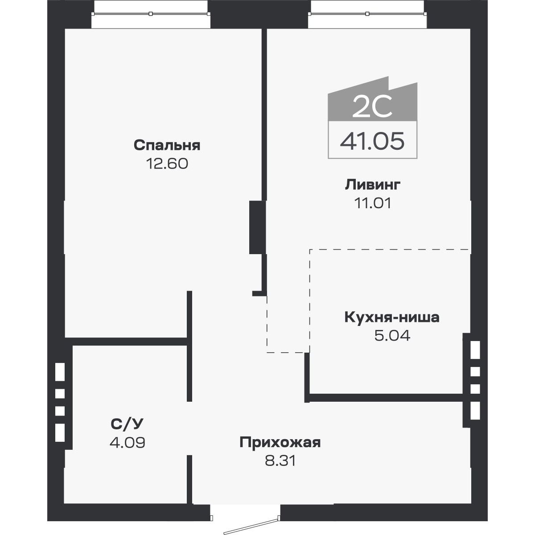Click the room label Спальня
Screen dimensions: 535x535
(167, 145)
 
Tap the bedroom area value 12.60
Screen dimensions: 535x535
(167, 164)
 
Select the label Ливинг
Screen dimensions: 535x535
(373, 185)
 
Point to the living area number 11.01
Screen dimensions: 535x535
(373, 203)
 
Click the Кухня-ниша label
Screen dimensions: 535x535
(392, 317)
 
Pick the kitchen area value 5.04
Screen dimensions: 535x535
(392, 335)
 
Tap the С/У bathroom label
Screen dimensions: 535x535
(127, 424)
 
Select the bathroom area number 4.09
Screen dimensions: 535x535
(127, 443)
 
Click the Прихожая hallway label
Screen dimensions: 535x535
(280, 442)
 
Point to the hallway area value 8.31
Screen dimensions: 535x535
(280, 461)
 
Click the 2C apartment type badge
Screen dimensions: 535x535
(372, 106)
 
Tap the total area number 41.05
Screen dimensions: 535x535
(372, 141)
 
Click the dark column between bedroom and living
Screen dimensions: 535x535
(257, 227)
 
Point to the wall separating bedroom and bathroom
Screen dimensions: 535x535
(129, 342)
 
